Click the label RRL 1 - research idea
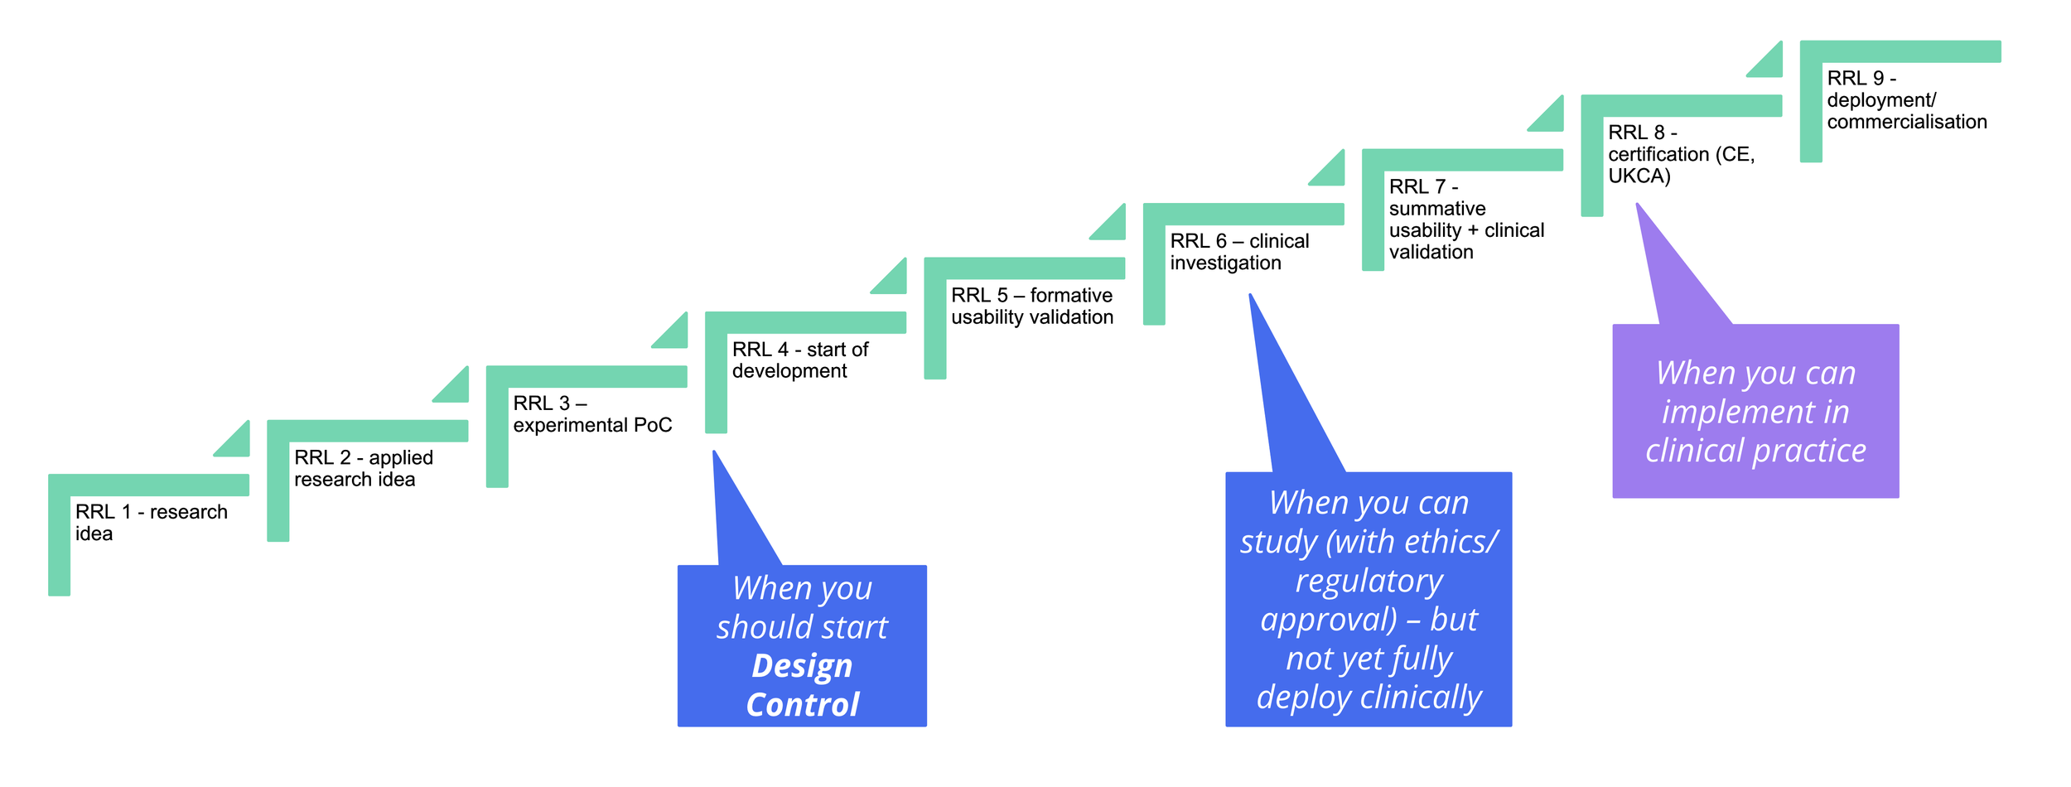(151, 523)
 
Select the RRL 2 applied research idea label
(363, 468)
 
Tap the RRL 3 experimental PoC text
(591, 414)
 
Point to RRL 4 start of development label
(799, 360)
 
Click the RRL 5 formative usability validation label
(1031, 307)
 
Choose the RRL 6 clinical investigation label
(1238, 252)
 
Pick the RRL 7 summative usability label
(1465, 220)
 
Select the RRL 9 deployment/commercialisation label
(1905, 100)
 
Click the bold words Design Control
(802, 685)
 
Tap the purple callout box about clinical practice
(1755, 412)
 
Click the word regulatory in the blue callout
(1369, 581)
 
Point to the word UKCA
(1639, 176)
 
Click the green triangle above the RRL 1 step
(236, 442)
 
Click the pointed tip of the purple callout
(1638, 206)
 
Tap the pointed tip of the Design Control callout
(714, 454)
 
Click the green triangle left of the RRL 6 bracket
(1112, 225)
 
